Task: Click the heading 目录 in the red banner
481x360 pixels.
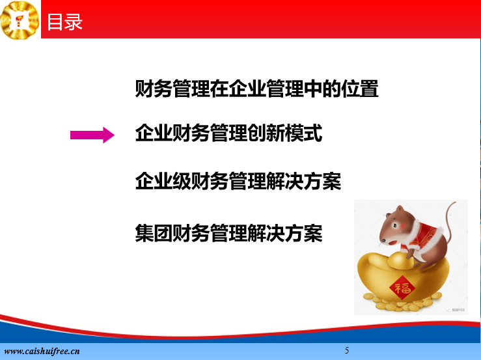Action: [x=64, y=22]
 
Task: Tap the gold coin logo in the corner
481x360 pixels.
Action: [x=20, y=20]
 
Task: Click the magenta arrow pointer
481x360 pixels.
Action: [x=92, y=135]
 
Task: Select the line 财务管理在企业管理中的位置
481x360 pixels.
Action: [x=256, y=89]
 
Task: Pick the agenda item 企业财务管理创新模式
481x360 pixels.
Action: [x=229, y=133]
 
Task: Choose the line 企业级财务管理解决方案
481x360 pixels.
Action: [x=238, y=181]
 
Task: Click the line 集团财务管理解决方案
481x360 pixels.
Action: [x=229, y=233]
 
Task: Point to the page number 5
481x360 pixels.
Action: [x=347, y=350]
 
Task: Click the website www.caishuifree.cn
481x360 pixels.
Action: [x=42, y=351]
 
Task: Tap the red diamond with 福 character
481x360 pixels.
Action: [x=402, y=288]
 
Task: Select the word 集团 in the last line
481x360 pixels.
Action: [x=154, y=233]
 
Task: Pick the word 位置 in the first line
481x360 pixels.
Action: [x=360, y=89]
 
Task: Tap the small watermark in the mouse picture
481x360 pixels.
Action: [x=456, y=310]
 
